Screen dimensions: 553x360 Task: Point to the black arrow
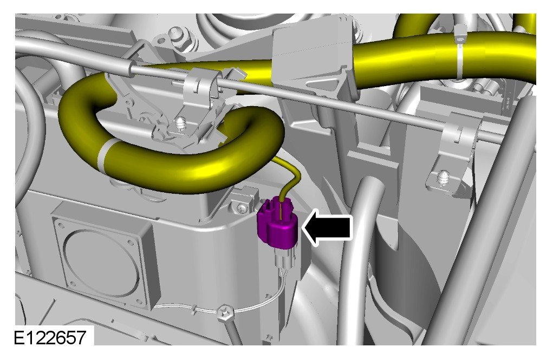point(327,227)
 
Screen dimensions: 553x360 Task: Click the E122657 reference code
point(50,337)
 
